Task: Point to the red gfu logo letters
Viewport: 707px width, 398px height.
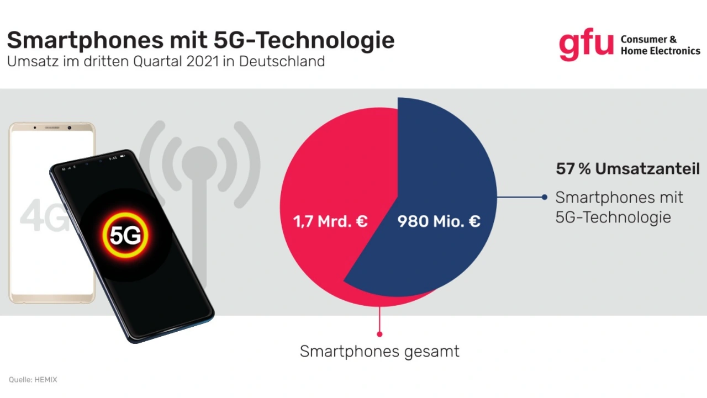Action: (585, 45)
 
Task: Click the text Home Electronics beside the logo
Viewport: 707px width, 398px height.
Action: (660, 51)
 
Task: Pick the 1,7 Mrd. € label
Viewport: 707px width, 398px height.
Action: (330, 221)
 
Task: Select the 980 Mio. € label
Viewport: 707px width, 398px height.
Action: (439, 221)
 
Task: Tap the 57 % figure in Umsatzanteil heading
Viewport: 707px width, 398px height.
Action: (573, 169)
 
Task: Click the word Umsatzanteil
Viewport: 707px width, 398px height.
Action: (647, 169)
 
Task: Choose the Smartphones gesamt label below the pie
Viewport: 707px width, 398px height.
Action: (379, 351)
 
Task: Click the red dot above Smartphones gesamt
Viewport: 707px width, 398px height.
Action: (379, 334)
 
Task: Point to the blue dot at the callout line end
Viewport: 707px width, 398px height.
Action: (545, 197)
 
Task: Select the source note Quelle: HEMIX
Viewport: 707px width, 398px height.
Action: (33, 380)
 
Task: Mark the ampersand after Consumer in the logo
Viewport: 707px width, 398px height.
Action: (672, 40)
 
